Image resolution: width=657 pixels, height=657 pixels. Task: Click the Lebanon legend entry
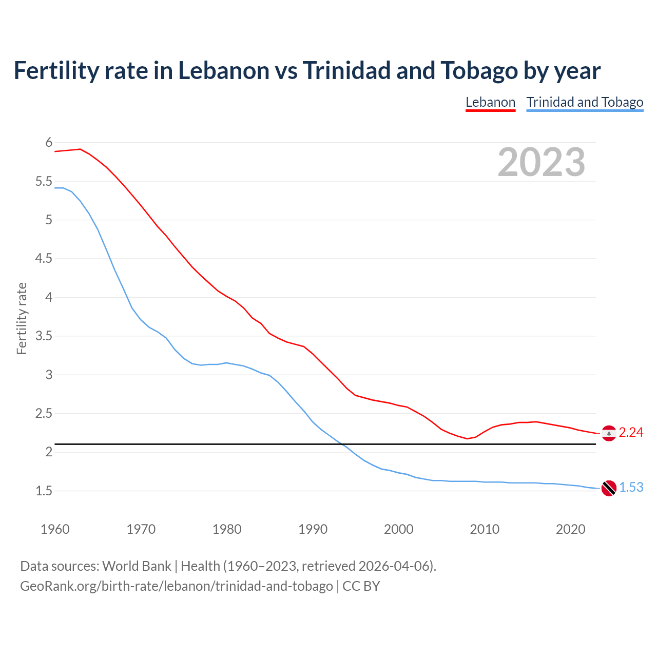coord(490,102)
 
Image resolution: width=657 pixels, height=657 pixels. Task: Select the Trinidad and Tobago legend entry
coord(585,102)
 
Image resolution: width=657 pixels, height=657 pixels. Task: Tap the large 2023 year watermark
coord(542,162)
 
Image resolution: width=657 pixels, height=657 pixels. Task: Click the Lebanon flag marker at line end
coord(609,433)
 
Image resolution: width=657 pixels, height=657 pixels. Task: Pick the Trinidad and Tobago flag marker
coord(609,488)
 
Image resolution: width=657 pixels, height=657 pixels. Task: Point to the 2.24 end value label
coord(631,433)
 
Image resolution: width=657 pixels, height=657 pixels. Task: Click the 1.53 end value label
coord(631,488)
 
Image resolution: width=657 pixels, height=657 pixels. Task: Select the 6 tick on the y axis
coord(49,142)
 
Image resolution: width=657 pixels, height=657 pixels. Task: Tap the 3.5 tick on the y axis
coord(44,336)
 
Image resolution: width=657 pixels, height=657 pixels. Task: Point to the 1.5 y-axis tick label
coord(44,491)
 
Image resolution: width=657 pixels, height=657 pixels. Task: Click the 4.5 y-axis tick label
coord(44,259)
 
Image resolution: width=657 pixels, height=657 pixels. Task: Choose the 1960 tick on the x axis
coord(55,529)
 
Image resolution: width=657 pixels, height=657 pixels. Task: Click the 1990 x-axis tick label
coord(313,529)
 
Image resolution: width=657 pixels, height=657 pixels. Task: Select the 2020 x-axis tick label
coord(570,529)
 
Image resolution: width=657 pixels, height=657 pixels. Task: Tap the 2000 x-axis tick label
coord(399,529)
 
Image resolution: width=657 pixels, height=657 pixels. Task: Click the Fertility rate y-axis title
coord(22,318)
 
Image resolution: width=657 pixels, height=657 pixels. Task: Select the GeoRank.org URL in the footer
coord(176,586)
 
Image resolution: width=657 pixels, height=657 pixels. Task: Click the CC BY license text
coord(361,586)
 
